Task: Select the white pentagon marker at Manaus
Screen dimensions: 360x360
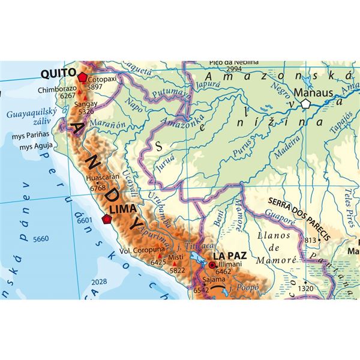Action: point(307,103)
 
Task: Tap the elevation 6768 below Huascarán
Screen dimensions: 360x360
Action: point(98,188)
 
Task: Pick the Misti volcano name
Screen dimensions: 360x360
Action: point(176,257)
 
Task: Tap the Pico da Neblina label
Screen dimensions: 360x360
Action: point(234,62)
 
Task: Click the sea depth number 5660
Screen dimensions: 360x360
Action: point(41,239)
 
